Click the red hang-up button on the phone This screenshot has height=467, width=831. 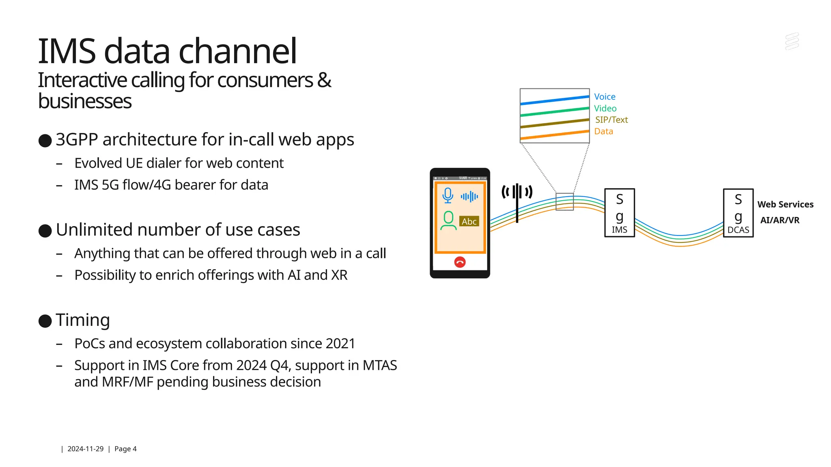(x=460, y=262)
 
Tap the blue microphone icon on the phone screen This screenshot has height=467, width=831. (x=448, y=195)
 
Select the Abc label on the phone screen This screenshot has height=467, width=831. (x=469, y=221)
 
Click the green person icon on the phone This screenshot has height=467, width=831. (x=448, y=221)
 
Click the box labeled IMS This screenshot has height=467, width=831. (x=619, y=213)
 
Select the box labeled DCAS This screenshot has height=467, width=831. (x=738, y=213)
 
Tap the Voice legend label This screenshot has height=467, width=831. (x=605, y=96)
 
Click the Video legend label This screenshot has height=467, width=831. (x=605, y=108)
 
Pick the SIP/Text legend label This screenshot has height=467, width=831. (x=611, y=120)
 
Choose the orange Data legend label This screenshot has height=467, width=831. (x=603, y=131)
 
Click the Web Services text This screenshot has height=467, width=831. (x=785, y=204)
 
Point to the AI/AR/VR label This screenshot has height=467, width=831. (x=779, y=220)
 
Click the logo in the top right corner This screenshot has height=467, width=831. (x=792, y=42)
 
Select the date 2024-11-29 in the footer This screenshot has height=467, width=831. (x=85, y=449)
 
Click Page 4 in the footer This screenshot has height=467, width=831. (x=125, y=449)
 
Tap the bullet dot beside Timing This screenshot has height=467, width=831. (x=45, y=321)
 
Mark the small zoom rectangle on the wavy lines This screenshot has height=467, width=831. (x=564, y=201)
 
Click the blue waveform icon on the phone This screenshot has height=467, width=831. (x=469, y=197)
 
